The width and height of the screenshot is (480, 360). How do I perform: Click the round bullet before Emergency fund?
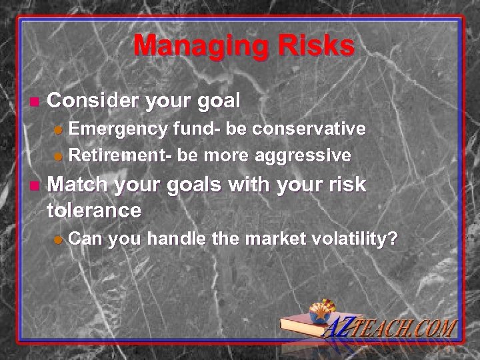point(59,129)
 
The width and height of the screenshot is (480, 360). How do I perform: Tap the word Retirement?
point(120,155)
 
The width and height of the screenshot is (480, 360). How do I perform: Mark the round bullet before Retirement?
point(59,157)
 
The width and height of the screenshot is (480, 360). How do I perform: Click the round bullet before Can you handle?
point(59,239)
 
